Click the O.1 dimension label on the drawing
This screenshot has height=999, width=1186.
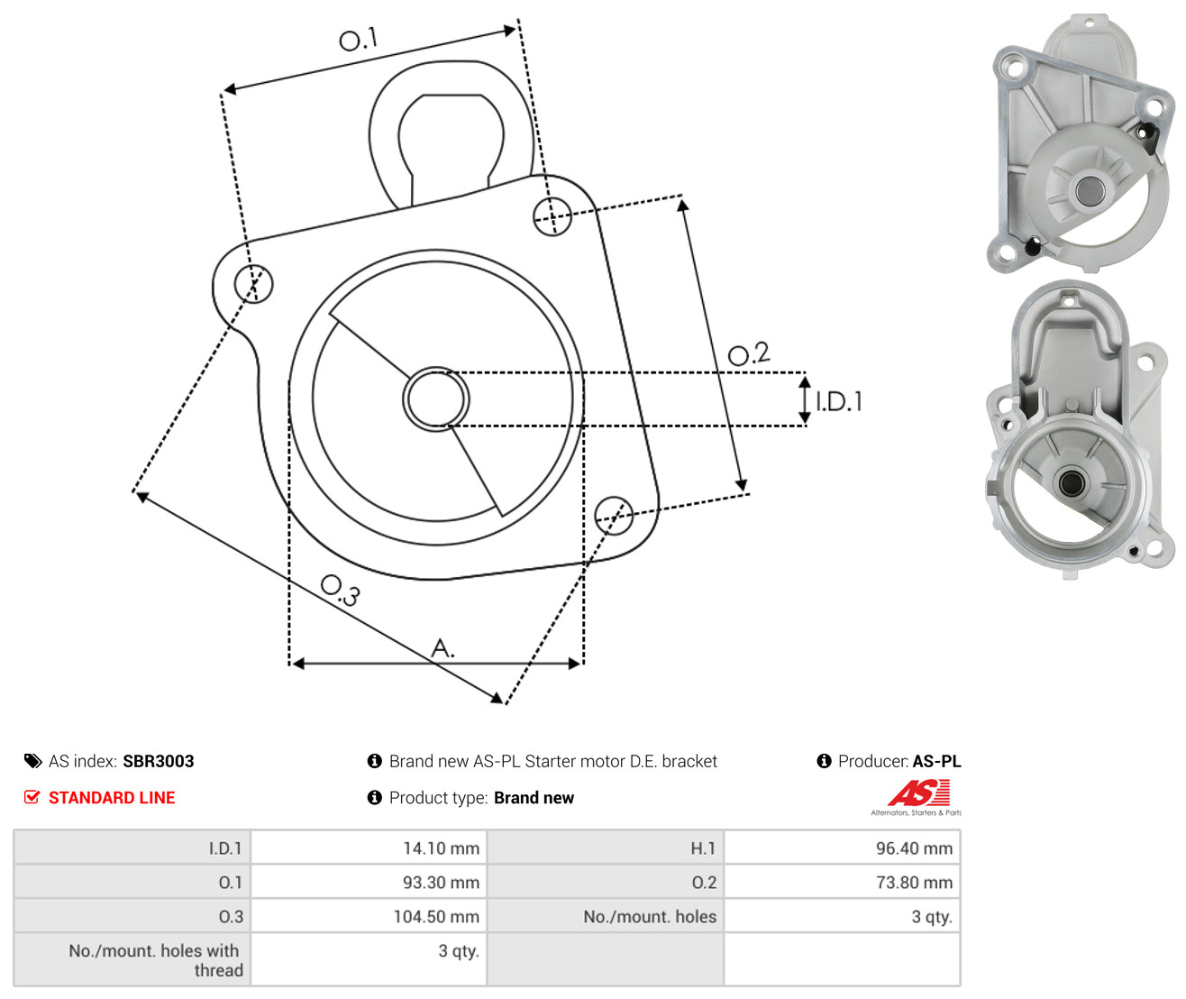358,39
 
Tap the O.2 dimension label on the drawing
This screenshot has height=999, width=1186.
749,353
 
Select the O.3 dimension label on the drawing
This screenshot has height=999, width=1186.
340,591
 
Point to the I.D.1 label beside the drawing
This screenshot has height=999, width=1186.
839,402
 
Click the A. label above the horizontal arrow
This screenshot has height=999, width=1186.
442,647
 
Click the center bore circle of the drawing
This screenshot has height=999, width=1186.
436,399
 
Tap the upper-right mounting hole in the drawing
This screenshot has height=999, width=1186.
552,216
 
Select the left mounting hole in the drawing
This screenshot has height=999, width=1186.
254,284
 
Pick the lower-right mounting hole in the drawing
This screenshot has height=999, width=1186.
614,516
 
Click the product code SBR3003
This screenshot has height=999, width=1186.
159,762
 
